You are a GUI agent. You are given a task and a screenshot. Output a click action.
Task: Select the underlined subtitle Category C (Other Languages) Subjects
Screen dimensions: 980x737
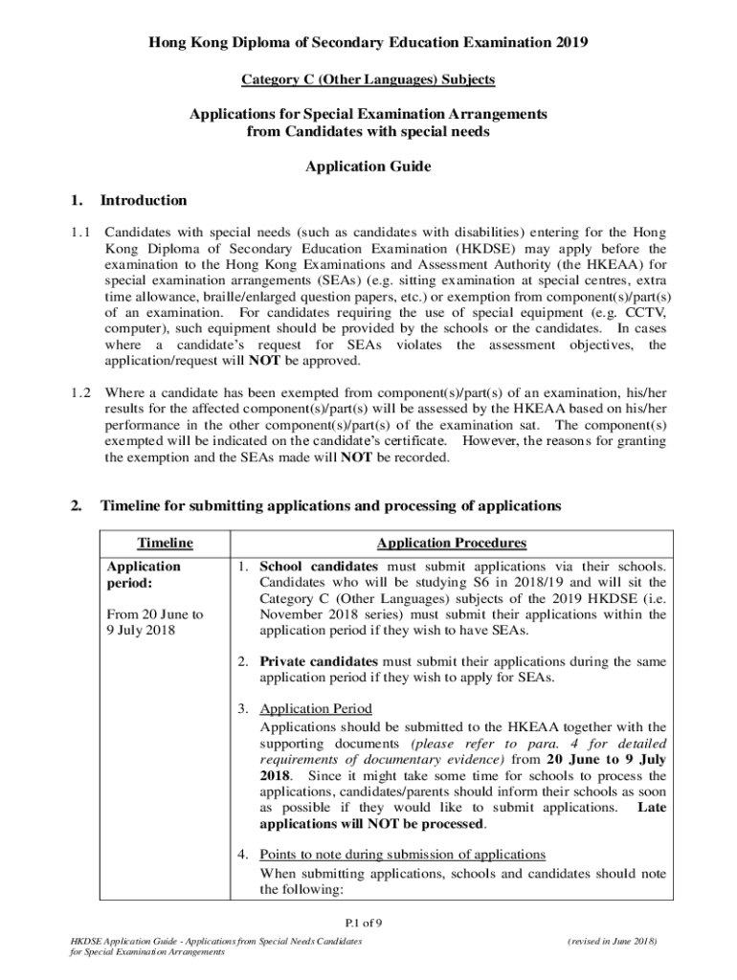(x=368, y=78)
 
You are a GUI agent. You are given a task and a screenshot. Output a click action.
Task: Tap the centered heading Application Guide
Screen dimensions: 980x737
(x=368, y=167)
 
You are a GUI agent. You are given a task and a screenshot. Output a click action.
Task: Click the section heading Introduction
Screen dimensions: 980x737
(x=144, y=200)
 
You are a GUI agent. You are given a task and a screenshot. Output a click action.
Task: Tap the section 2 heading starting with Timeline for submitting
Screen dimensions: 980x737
(x=331, y=505)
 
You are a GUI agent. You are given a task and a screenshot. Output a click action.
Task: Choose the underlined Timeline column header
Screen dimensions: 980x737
(x=165, y=543)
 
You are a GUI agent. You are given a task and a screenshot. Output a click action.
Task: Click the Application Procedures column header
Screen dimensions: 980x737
(x=451, y=543)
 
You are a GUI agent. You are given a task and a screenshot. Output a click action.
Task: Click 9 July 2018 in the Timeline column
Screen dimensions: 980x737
(x=141, y=631)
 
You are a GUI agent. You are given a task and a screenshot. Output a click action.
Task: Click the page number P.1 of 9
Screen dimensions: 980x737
(x=368, y=924)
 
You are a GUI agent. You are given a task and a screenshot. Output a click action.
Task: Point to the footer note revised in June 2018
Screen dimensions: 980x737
(x=612, y=942)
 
